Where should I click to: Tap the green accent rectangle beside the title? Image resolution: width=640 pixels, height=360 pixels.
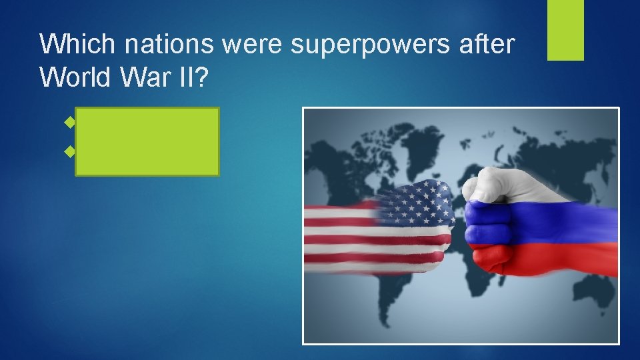[x=565, y=30]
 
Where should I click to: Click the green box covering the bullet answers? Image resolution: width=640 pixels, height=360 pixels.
[x=147, y=141]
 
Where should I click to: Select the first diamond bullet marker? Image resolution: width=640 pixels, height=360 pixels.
[x=68, y=123]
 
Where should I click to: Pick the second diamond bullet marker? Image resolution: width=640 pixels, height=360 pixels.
[x=68, y=152]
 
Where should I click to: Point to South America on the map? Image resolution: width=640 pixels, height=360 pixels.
[x=400, y=293]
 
